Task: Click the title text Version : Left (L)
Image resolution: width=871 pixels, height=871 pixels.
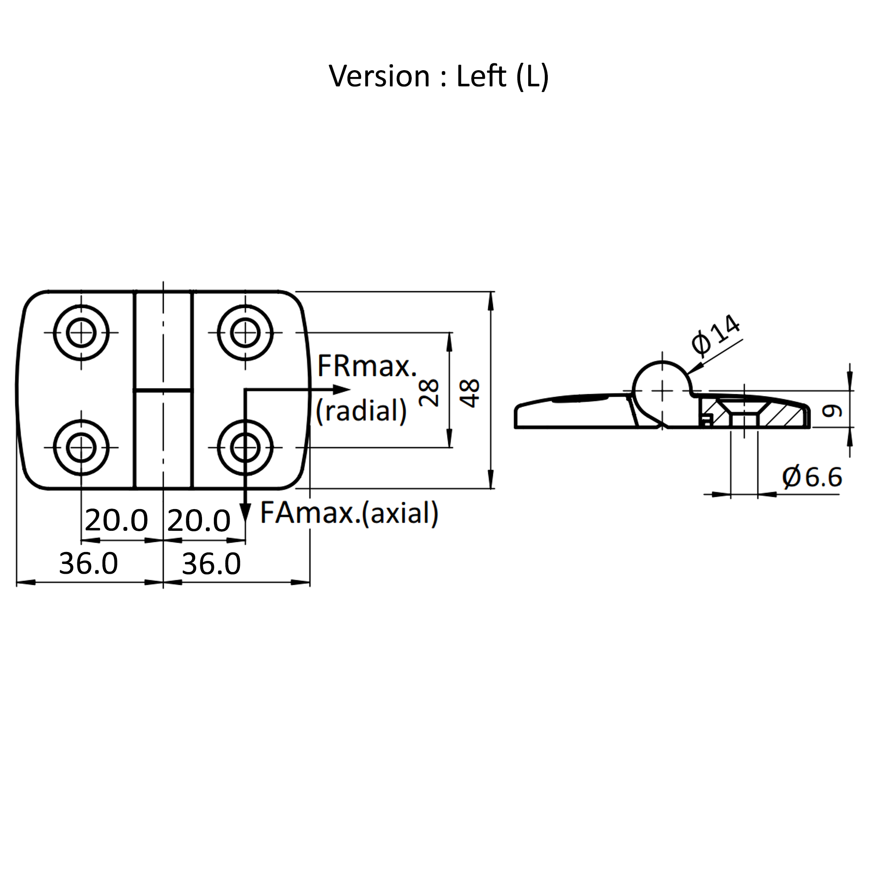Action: (438, 76)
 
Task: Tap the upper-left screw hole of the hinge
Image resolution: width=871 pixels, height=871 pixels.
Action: (81, 333)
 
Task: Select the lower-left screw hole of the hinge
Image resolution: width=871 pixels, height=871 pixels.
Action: (81, 448)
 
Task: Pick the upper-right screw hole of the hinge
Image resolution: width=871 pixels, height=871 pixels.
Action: (245, 333)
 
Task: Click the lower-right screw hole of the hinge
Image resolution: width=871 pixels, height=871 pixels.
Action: (245, 448)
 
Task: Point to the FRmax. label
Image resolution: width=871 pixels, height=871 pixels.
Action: (367, 366)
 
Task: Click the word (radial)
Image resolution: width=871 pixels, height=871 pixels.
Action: (361, 411)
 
